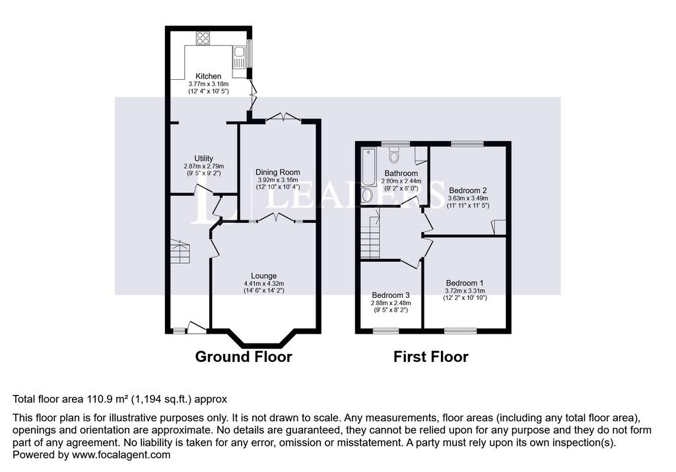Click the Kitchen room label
click(208, 76)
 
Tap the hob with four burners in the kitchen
click(203, 38)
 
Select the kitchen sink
click(239, 58)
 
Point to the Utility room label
click(203, 158)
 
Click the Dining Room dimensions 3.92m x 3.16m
click(278, 180)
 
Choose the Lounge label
click(264, 276)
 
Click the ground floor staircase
click(180, 252)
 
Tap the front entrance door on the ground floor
click(196, 327)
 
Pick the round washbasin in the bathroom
click(367, 196)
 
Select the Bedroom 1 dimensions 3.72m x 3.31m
click(465, 291)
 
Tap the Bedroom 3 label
click(391, 295)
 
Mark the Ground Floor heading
click(244, 357)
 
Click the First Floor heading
click(430, 357)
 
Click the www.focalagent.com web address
click(121, 455)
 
